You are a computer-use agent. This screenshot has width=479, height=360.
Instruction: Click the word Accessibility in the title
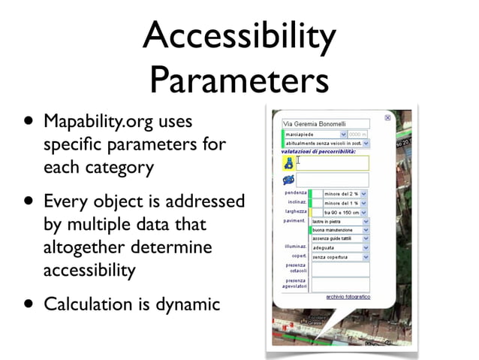pyautogui.click(x=239, y=35)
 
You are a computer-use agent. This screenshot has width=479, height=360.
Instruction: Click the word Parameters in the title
pyautogui.click(x=239, y=78)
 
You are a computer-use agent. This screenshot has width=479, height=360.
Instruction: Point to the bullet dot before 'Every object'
pyautogui.click(x=29, y=202)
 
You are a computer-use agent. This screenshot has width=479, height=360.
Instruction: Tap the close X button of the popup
pyautogui.click(x=387, y=118)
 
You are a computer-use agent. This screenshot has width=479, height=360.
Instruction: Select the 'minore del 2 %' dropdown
pyautogui.click(x=345, y=193)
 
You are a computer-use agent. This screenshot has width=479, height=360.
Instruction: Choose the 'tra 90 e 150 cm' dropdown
pyautogui.click(x=345, y=213)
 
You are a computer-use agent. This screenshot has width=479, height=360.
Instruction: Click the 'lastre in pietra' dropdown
pyautogui.click(x=340, y=222)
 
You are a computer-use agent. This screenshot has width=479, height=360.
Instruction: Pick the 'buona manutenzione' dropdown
pyautogui.click(x=340, y=230)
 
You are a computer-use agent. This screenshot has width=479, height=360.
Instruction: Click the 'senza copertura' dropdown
pyautogui.click(x=340, y=256)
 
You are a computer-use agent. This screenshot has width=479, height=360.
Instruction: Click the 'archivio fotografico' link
pyautogui.click(x=348, y=297)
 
